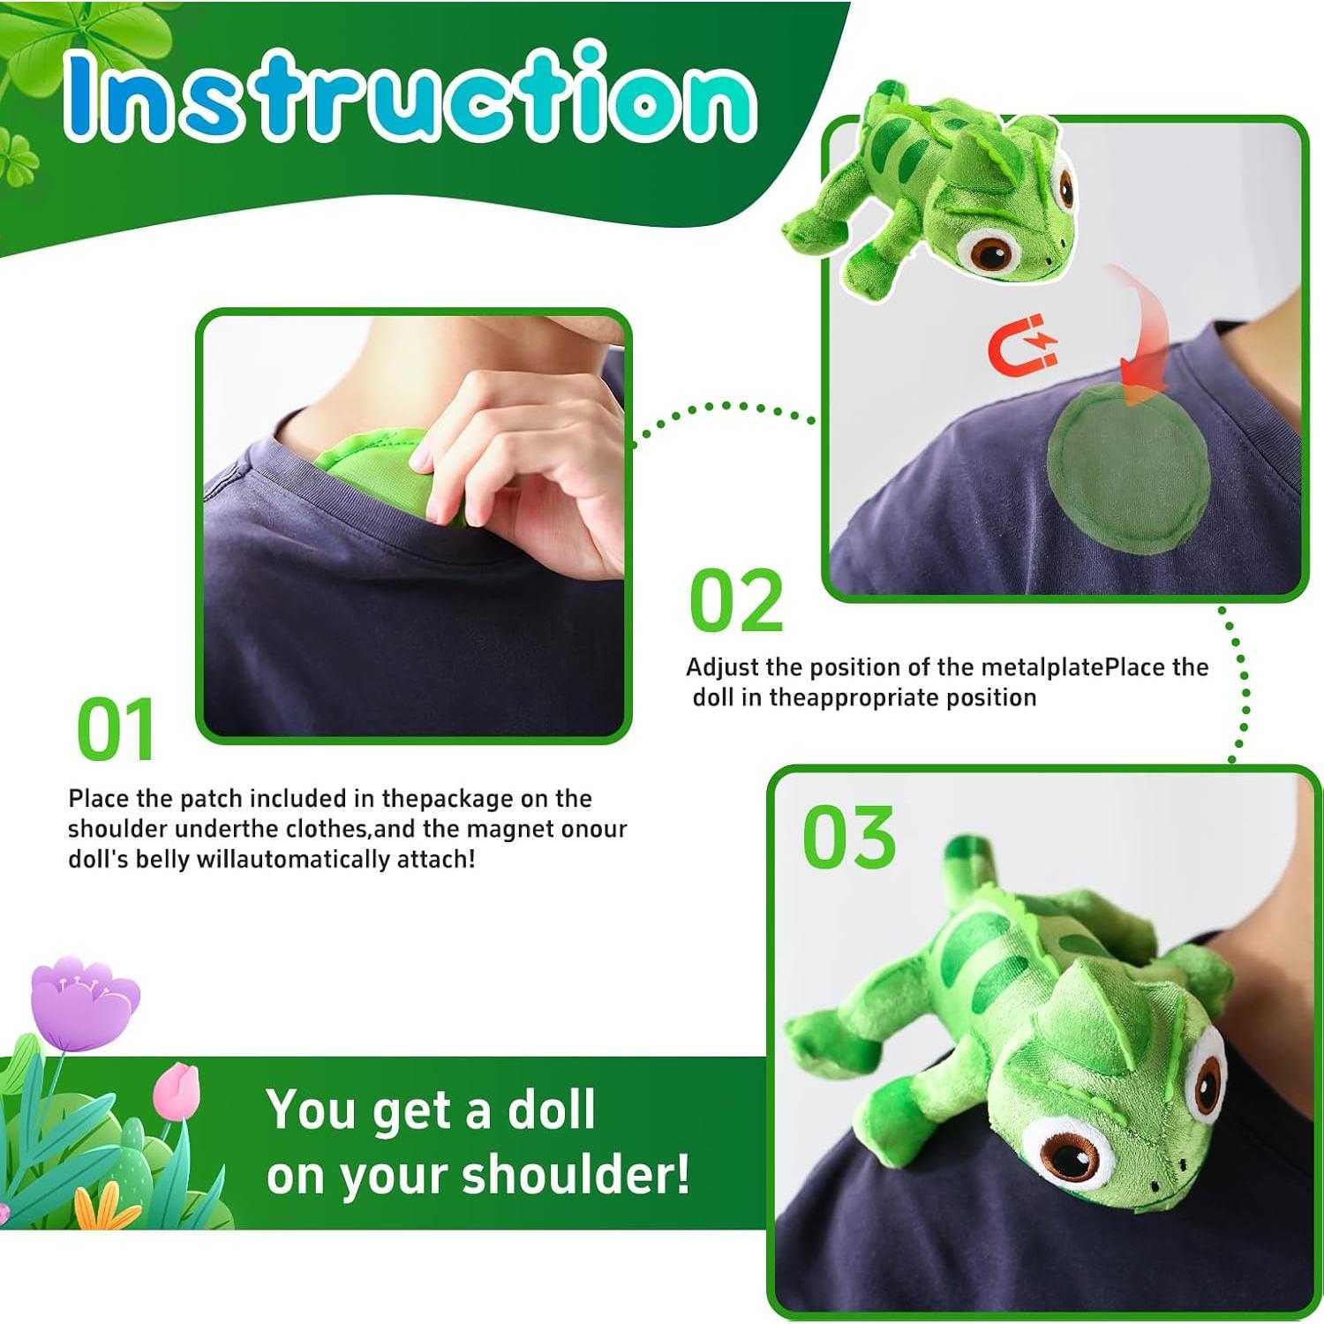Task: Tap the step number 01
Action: (116, 730)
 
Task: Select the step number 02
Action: (736, 600)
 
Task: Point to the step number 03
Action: (849, 836)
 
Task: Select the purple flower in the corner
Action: (84, 1002)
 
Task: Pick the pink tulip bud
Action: (177, 1090)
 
